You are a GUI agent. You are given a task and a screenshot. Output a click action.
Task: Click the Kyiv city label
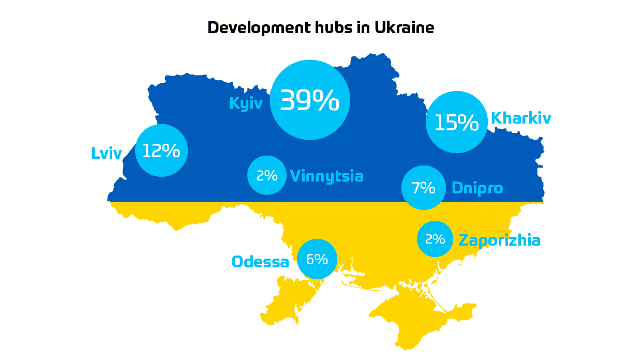click(246, 103)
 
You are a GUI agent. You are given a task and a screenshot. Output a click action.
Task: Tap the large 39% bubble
click(310, 100)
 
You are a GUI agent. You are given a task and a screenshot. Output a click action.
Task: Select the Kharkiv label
click(520, 118)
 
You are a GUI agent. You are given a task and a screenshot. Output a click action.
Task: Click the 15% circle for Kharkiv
click(456, 122)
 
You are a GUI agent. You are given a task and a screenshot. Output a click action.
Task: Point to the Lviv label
click(107, 154)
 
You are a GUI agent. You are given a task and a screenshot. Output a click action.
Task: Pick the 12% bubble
click(161, 150)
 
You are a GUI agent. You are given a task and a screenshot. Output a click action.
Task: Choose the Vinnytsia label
click(326, 176)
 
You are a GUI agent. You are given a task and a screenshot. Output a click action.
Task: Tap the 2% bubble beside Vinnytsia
click(267, 175)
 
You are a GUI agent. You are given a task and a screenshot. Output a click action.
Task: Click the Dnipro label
click(477, 188)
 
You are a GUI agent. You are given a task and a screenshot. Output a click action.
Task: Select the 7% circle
click(423, 188)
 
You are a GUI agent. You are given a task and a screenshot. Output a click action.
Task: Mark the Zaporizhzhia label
click(499, 240)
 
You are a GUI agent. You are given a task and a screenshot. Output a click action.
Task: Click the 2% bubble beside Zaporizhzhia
click(435, 239)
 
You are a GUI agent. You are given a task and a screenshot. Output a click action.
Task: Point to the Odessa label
click(260, 262)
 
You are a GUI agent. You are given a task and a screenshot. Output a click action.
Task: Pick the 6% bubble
click(317, 259)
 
